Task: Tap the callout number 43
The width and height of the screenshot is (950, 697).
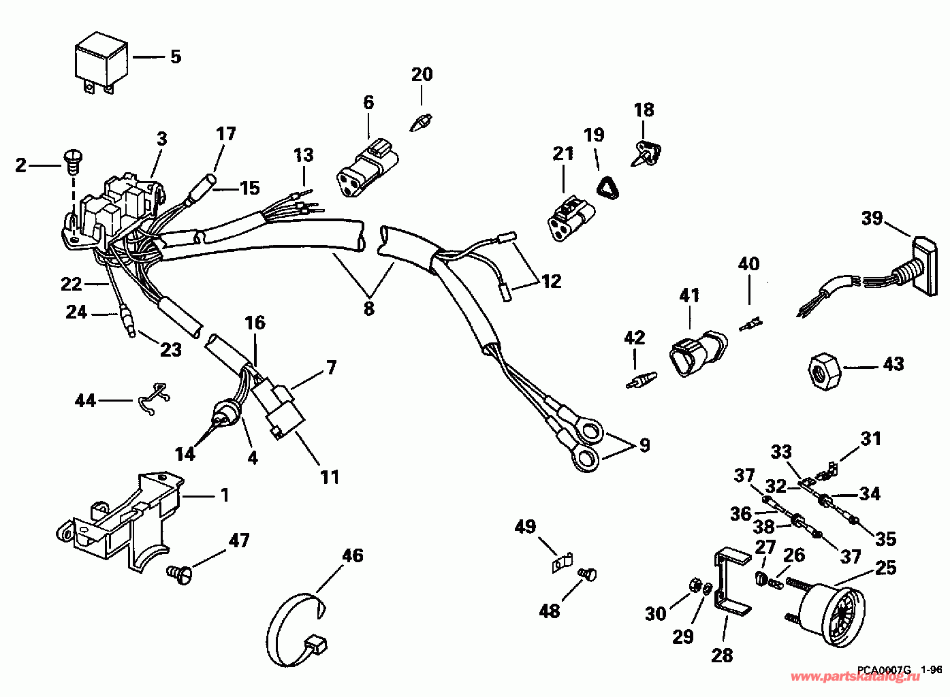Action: click(893, 364)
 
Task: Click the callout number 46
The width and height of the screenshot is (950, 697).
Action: click(353, 556)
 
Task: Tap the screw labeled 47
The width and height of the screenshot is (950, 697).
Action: click(179, 574)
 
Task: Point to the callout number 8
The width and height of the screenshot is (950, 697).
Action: click(369, 308)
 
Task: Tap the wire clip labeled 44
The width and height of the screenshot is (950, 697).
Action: click(155, 398)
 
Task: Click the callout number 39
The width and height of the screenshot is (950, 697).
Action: click(872, 218)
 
